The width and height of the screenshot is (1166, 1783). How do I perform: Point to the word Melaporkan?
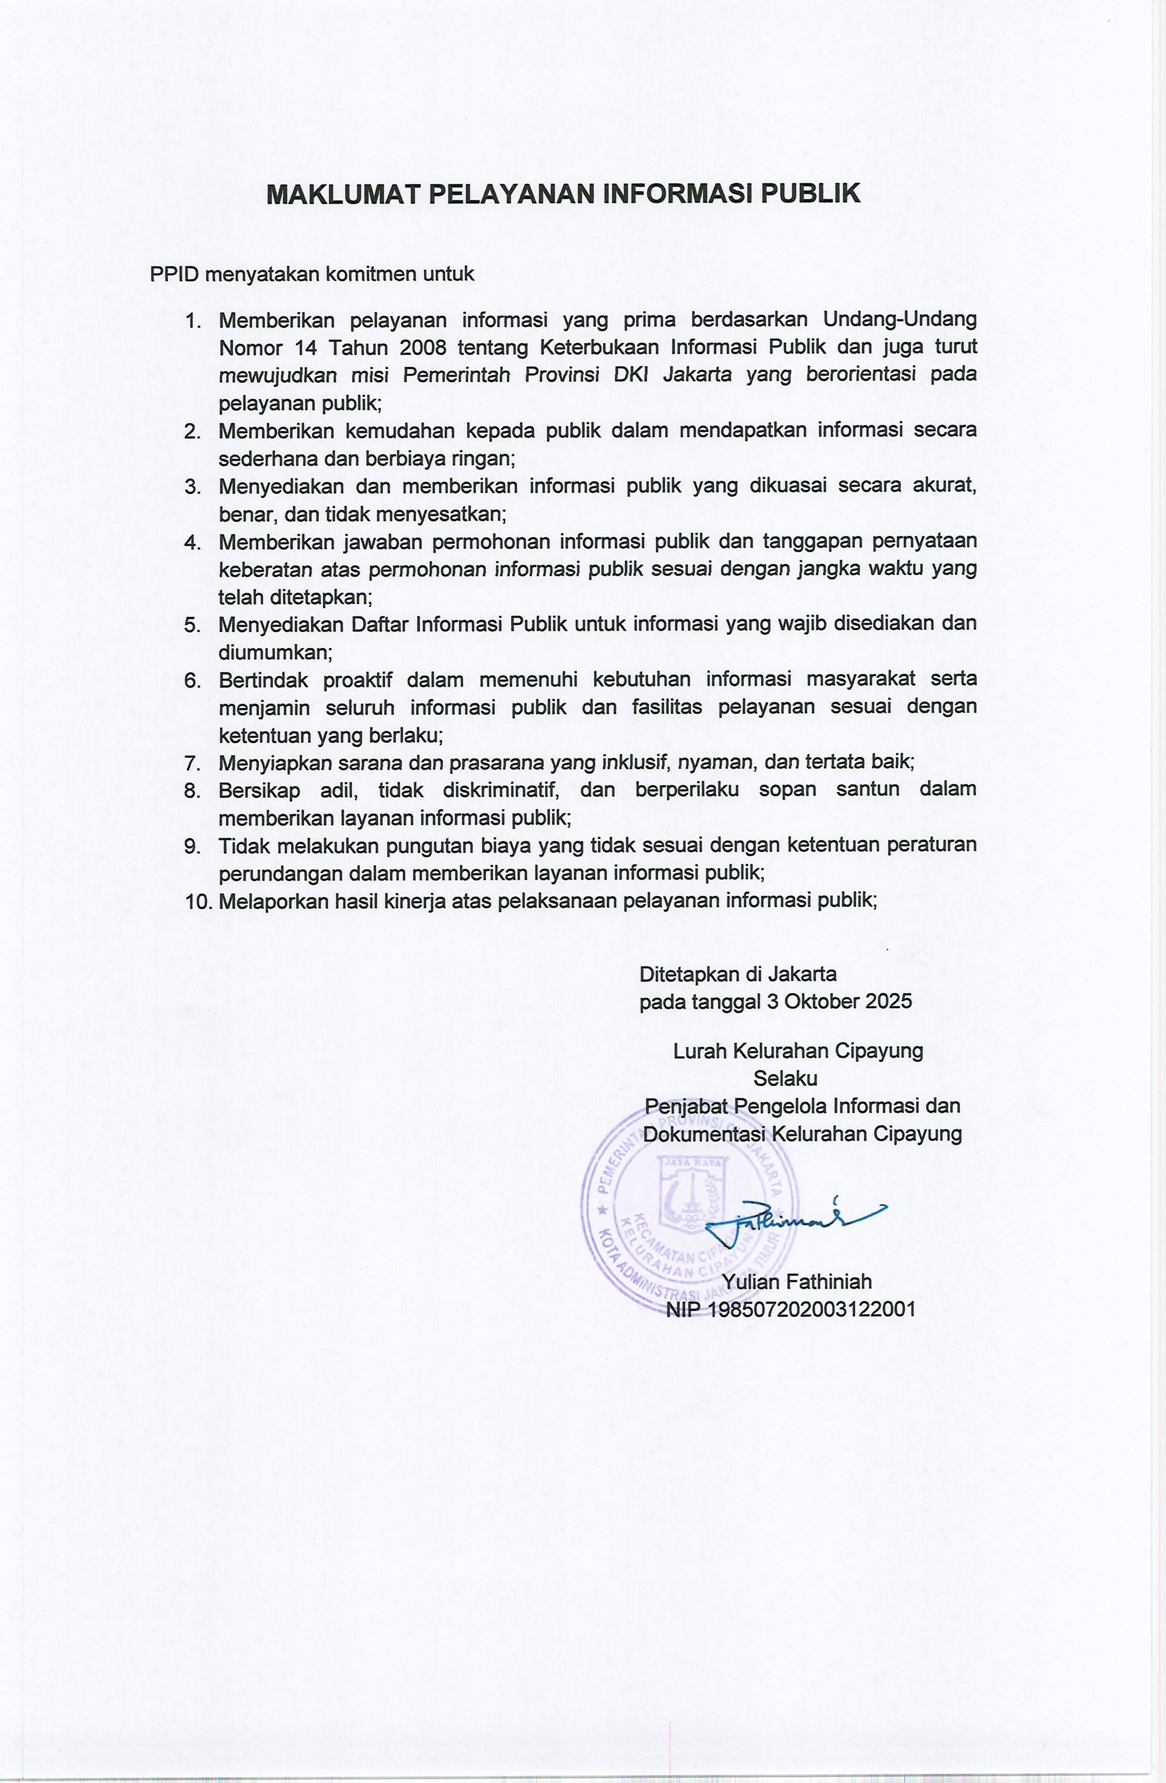pos(273,901)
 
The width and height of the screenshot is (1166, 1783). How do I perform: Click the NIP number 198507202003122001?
pos(812,1309)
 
